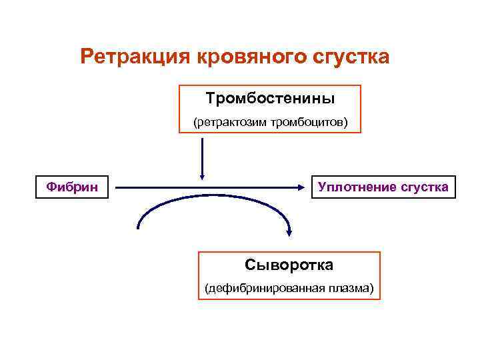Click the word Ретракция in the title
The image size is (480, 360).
[135, 57]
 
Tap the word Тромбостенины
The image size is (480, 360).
[270, 99]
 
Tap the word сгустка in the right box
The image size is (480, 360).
[425, 187]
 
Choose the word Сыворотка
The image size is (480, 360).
[289, 265]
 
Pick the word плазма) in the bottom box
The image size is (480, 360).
[351, 289]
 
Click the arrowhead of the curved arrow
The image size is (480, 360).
[289, 231]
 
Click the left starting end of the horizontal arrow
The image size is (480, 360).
[117, 188]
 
